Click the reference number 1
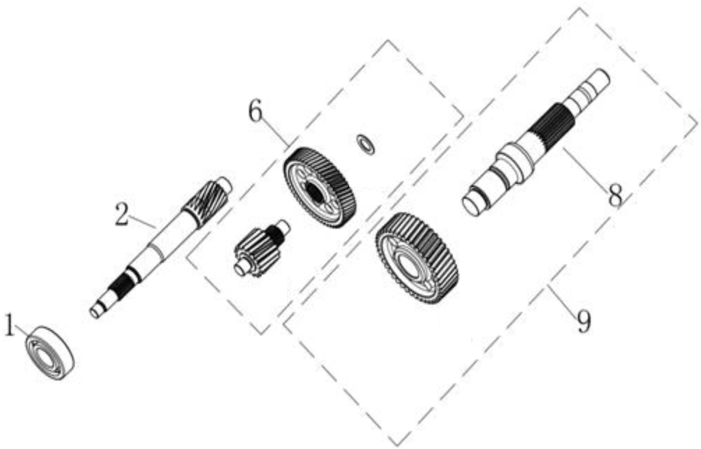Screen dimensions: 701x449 [10, 326]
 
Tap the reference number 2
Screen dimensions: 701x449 [122, 214]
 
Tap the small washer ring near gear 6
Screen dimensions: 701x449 [366, 144]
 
